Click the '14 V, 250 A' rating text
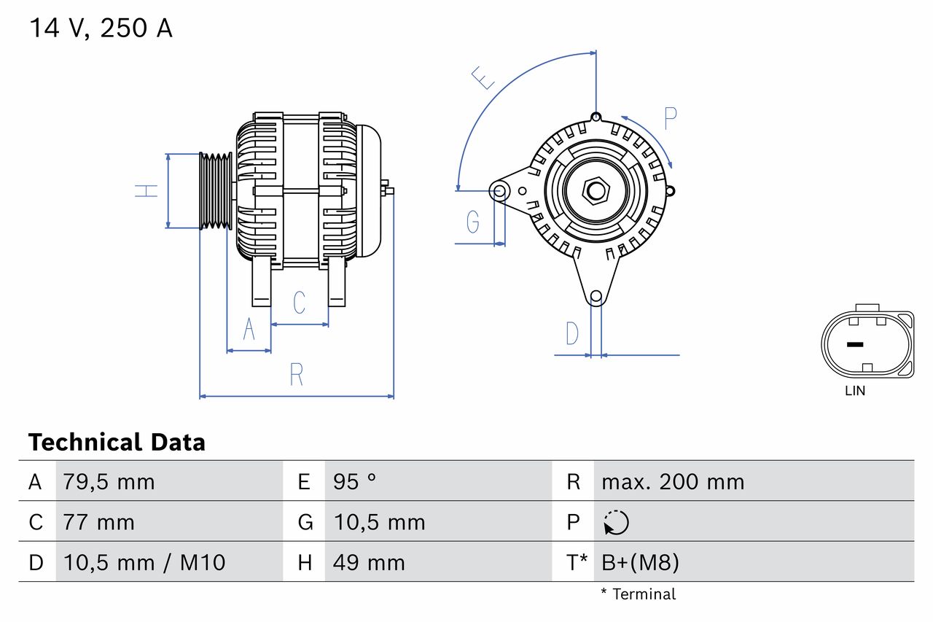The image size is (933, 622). pos(101,28)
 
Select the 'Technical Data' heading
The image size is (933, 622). pos(117,443)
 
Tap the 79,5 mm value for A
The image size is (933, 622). pos(109,482)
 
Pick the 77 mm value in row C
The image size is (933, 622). pos(98,522)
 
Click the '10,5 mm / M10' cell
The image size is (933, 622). pos(144,562)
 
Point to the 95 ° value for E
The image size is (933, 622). pos(354,482)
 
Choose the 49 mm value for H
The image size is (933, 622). pos(369,562)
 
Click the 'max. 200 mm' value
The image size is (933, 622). pos(673,482)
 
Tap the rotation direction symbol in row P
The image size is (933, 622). pos(616,522)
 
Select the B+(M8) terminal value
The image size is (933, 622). pos(640,562)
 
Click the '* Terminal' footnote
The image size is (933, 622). pos(639,594)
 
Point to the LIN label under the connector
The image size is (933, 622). pos(855,391)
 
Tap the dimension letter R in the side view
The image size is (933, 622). pos(296,375)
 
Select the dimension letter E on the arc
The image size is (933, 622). pos(483,77)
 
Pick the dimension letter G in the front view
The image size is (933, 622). pos(473,221)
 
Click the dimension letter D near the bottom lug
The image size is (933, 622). pos(572,333)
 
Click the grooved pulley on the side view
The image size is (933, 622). pos(216,191)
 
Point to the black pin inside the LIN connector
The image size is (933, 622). pos(854,344)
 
